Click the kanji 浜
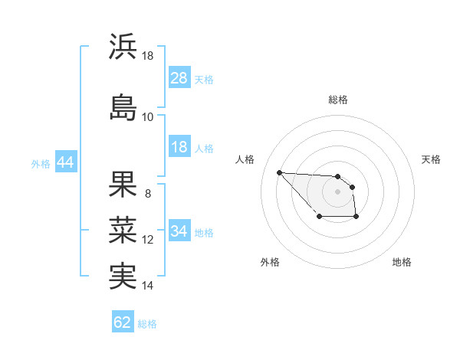tap(123, 47)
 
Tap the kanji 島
tap(123, 106)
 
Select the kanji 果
tap(123, 183)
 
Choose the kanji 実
tap(123, 276)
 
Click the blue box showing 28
tap(179, 78)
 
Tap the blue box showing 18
tap(179, 147)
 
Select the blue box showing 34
tap(179, 231)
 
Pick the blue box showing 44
tap(65, 162)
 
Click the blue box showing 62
tap(123, 322)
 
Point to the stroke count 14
tap(148, 286)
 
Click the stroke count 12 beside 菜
tap(148, 240)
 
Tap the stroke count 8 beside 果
tap(147, 193)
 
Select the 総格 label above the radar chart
tap(338, 100)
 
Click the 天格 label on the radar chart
tap(431, 159)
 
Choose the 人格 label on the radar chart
tap(245, 159)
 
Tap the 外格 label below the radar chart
tap(270, 263)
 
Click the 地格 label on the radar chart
tap(402, 263)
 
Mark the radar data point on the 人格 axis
tap(280, 172)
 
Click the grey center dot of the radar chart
tap(338, 191)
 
